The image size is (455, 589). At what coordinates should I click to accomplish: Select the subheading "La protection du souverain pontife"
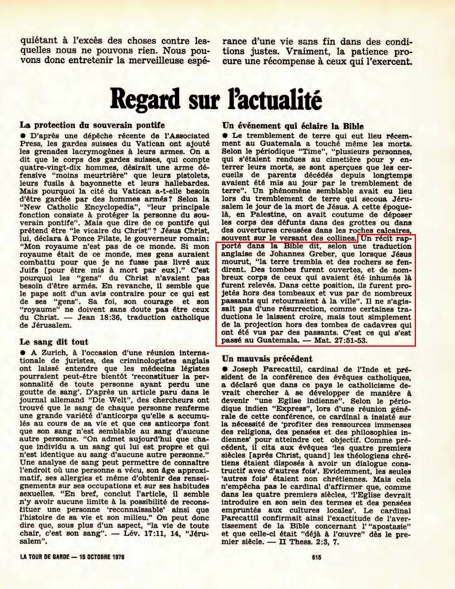point(92,125)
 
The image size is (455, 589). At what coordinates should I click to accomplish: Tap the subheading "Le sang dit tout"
point(54,342)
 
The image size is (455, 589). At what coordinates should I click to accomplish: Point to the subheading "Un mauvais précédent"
point(267,359)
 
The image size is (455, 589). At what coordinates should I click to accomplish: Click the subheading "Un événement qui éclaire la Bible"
point(293,126)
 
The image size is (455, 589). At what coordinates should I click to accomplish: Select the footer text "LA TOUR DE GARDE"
point(45,557)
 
